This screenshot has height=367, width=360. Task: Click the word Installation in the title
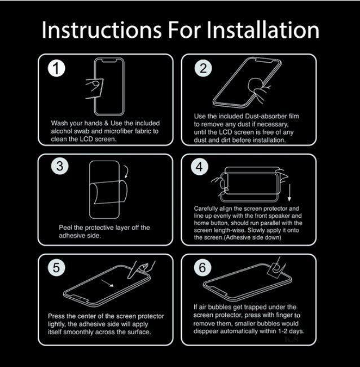pyautogui.click(x=263, y=30)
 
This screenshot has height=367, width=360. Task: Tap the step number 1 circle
pyautogui.click(x=56, y=68)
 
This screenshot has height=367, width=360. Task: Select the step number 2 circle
pyautogui.click(x=203, y=68)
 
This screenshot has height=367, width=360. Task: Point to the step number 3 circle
pyautogui.click(x=60, y=166)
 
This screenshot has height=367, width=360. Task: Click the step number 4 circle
pyautogui.click(x=199, y=167)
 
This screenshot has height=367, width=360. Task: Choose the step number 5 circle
pyautogui.click(x=56, y=267)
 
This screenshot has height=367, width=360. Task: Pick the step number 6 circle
pyautogui.click(x=203, y=267)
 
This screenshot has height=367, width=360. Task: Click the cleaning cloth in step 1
pyautogui.click(x=94, y=89)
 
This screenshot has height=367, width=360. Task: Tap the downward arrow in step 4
pyautogui.click(x=289, y=193)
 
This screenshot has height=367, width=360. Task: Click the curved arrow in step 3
pyautogui.click(x=128, y=172)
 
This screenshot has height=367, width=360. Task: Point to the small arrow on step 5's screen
pyautogui.click(x=108, y=283)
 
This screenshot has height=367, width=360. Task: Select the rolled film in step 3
pyautogui.click(x=109, y=192)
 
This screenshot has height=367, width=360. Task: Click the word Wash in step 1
pyautogui.click(x=59, y=123)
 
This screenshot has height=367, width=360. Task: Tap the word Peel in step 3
pyautogui.click(x=65, y=228)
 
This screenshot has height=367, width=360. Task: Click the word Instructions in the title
pyautogui.click(x=102, y=30)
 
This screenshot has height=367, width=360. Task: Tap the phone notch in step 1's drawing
pyautogui.click(x=109, y=61)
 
